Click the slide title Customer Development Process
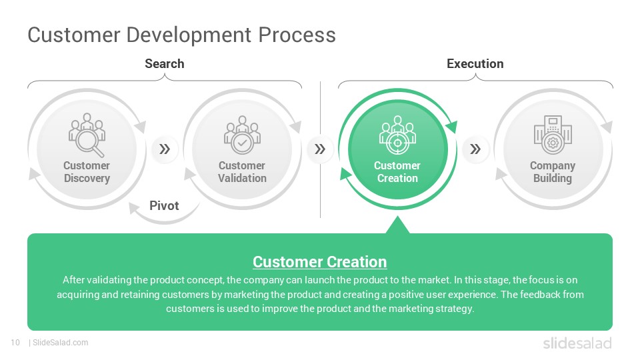[181, 35]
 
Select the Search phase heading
[165, 64]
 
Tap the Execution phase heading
[475, 64]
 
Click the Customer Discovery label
[87, 172]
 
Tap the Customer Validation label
[242, 172]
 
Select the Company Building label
[553, 172]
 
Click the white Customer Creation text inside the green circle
[397, 172]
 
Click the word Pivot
[164, 205]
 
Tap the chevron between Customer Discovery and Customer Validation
[165, 149]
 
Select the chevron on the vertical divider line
[320, 149]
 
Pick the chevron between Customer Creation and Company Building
[475, 149]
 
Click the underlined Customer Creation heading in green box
[320, 262]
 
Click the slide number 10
[15, 343]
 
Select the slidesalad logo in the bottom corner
[577, 343]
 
